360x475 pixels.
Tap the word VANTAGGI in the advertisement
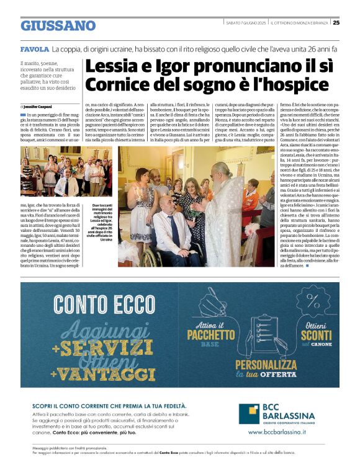click(x=101, y=374)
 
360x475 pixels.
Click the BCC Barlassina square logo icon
click(x=250, y=412)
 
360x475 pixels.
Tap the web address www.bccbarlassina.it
click(x=277, y=432)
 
